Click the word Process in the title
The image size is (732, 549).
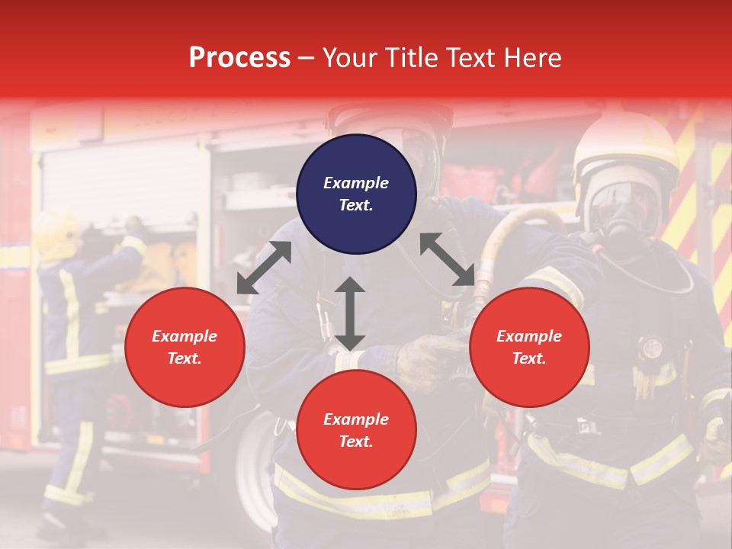pyautogui.click(x=239, y=58)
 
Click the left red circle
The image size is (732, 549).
pyautogui.click(x=185, y=347)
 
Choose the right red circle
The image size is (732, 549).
pyautogui.click(x=529, y=347)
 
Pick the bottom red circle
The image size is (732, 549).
pyautogui.click(x=356, y=430)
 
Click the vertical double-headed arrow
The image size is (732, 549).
pyautogui.click(x=350, y=313)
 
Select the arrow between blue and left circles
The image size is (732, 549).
pyautogui.click(x=264, y=268)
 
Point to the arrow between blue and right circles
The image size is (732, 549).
pyautogui.click(x=448, y=259)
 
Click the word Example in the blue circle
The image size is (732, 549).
pyautogui.click(x=356, y=183)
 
